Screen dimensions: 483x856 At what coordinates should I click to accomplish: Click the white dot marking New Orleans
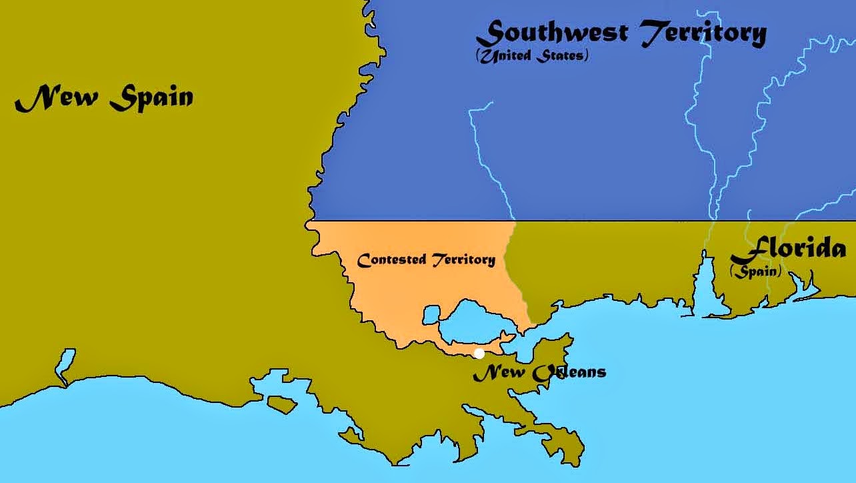pos(479,353)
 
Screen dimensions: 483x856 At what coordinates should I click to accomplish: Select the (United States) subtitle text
pos(532,55)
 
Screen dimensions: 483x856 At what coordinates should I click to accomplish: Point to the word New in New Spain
pos(57,99)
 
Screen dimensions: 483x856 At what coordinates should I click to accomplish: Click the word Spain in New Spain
pos(152,99)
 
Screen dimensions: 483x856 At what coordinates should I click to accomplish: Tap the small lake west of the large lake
pos(431,314)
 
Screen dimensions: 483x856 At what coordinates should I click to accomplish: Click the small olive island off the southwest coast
pos(281,403)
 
